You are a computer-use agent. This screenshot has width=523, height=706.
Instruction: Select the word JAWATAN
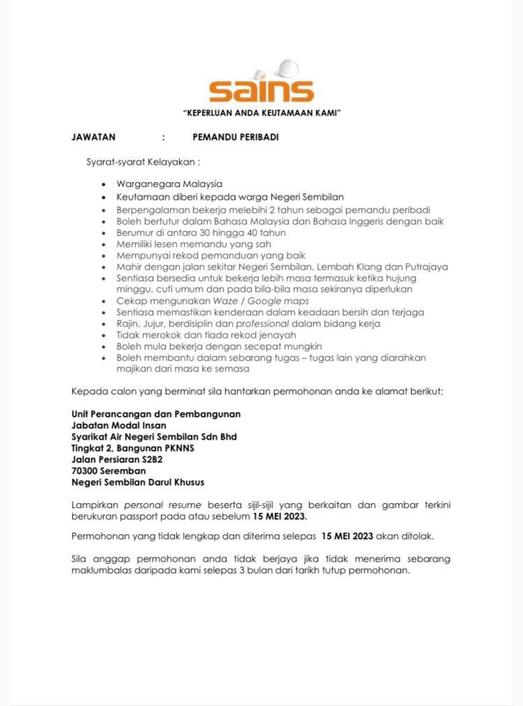pyautogui.click(x=94, y=137)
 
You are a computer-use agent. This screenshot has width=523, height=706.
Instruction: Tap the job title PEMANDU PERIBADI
pyautogui.click(x=235, y=137)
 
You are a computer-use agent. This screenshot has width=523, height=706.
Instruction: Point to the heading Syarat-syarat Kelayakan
pyautogui.click(x=142, y=162)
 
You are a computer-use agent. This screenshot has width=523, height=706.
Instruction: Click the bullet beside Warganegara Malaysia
pyautogui.click(x=103, y=184)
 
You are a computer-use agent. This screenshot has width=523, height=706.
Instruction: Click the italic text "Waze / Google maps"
pyautogui.click(x=270, y=301)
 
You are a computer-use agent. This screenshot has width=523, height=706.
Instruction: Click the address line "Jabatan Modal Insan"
pyautogui.click(x=119, y=425)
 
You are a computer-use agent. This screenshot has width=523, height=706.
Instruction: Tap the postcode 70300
pyautogui.click(x=87, y=471)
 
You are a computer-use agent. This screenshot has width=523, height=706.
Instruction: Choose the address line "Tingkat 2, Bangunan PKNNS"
pyautogui.click(x=133, y=448)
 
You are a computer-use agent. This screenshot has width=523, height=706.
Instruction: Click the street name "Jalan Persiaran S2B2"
pyautogui.click(x=117, y=460)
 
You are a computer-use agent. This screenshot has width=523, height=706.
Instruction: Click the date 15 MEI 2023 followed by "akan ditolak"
pyautogui.click(x=347, y=536)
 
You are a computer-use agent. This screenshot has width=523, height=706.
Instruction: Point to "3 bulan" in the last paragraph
pyautogui.click(x=288, y=570)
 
